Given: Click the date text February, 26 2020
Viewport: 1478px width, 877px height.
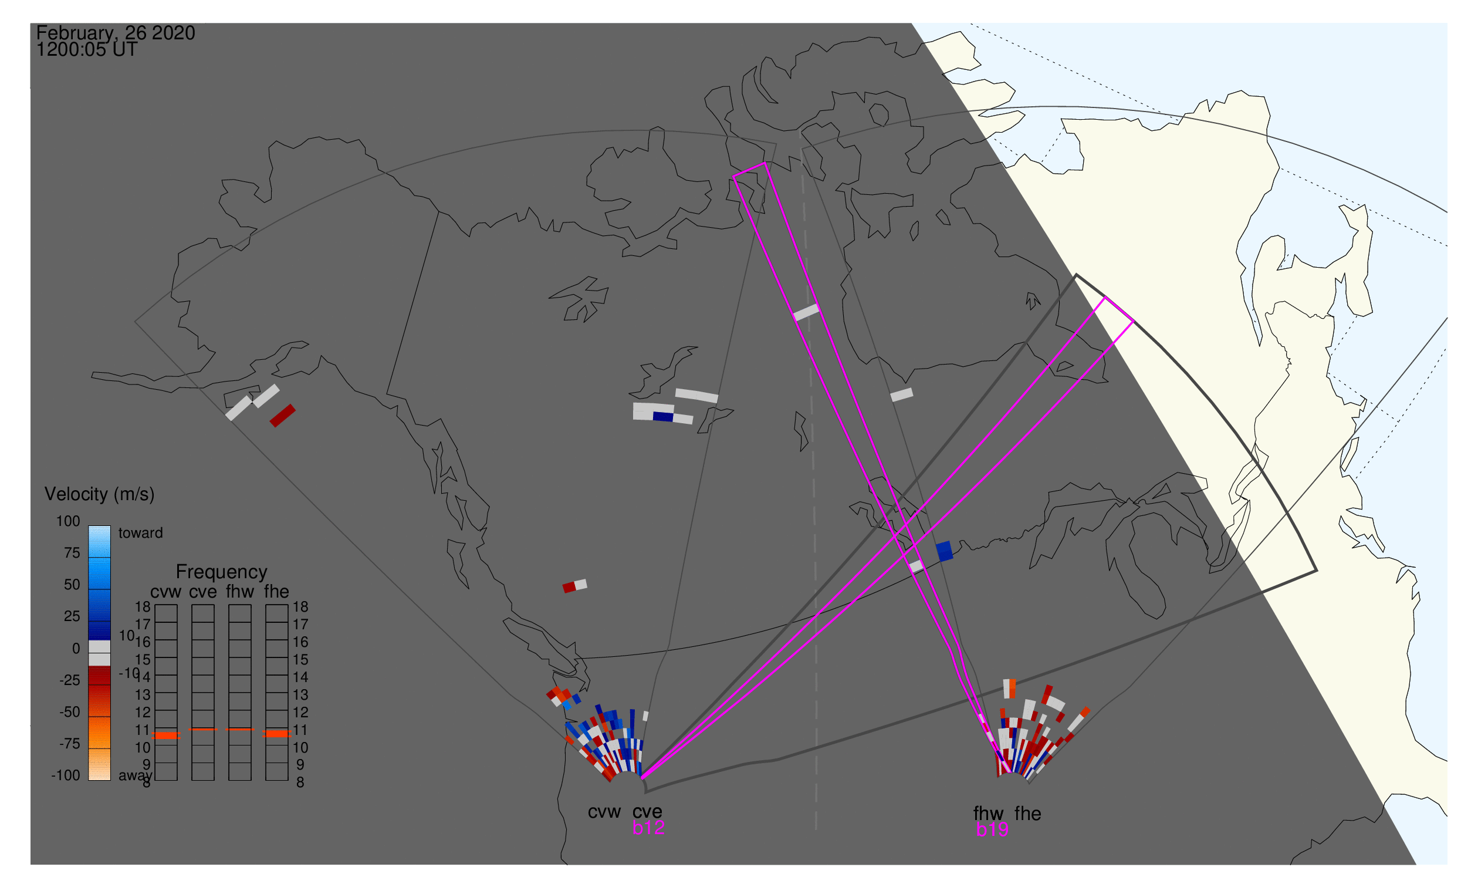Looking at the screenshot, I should (115, 33).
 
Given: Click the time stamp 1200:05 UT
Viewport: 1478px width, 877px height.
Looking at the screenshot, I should (87, 50).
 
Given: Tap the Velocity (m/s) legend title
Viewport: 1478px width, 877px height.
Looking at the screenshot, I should (99, 494).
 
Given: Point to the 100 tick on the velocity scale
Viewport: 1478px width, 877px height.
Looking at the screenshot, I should (68, 521).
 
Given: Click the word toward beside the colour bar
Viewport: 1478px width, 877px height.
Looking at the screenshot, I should (140, 533).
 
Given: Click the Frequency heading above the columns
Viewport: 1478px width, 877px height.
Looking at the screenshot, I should (222, 572).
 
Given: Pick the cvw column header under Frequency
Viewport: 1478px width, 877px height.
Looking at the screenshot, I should (165, 592).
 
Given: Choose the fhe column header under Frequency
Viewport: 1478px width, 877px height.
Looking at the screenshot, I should (276, 592).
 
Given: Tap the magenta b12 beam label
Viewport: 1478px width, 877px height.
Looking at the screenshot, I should (648, 828).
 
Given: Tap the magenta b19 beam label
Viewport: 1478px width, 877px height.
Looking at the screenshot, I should (992, 829).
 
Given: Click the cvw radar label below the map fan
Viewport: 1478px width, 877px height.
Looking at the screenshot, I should (604, 812).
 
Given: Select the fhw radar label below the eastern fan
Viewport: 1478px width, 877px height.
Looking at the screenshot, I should (988, 814).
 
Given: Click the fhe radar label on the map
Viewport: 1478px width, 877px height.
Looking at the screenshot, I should (1028, 814).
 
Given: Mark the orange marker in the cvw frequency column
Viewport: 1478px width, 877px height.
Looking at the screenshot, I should (166, 735).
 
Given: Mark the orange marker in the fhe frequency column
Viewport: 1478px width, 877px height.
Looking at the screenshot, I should (276, 733).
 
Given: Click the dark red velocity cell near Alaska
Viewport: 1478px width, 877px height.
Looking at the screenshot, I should (282, 416).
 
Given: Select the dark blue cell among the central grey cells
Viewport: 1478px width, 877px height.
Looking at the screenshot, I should (663, 417).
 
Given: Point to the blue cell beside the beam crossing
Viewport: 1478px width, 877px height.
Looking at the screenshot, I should (945, 551).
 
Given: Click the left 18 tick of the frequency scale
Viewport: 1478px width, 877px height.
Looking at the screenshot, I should (143, 607).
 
